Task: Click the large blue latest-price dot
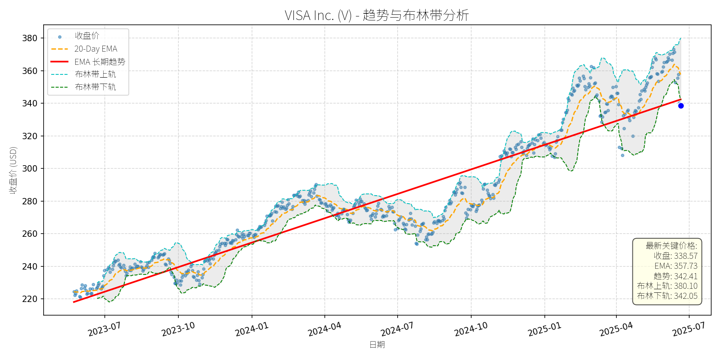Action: click(x=681, y=106)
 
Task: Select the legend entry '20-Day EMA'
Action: click(x=96, y=49)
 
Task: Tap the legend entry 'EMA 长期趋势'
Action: click(x=100, y=62)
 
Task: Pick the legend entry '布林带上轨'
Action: click(x=95, y=74)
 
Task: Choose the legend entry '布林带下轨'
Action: click(x=95, y=87)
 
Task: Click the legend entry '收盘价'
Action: click(x=87, y=36)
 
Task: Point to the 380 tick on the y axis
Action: click(x=30, y=38)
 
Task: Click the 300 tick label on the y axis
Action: click(x=30, y=169)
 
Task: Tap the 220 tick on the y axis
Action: click(x=30, y=299)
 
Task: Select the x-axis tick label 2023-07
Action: click(x=104, y=330)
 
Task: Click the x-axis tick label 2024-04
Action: click(x=324, y=330)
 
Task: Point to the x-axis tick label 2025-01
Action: click(x=544, y=330)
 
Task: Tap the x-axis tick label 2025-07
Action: click(x=689, y=330)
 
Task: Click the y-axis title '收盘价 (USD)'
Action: click(x=13, y=170)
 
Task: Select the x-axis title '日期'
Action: click(x=377, y=345)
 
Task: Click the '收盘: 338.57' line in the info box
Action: click(x=676, y=256)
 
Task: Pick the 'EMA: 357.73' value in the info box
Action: click(x=676, y=266)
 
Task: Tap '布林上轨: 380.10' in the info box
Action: click(x=667, y=286)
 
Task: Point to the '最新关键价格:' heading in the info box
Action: click(x=671, y=246)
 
